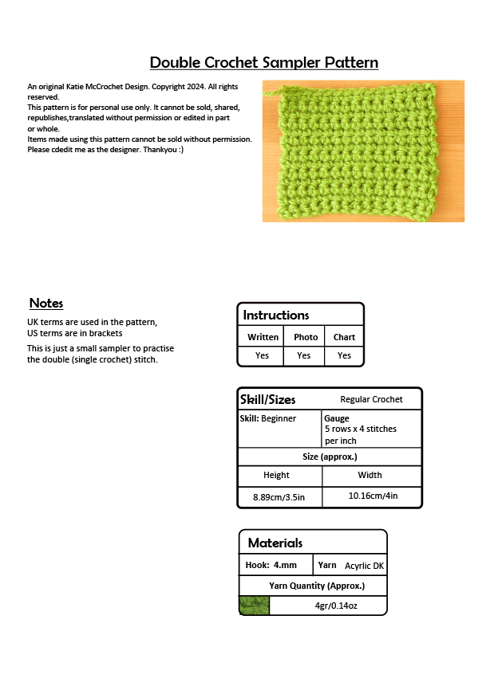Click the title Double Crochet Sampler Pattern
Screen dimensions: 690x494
tap(263, 62)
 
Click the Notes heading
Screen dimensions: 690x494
tap(46, 304)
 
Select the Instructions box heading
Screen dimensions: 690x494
tap(276, 316)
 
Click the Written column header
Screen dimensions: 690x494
tap(263, 337)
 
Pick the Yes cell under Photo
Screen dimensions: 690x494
tap(304, 355)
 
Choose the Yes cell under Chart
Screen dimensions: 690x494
tap(344, 355)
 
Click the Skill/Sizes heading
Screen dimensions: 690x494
tap(268, 399)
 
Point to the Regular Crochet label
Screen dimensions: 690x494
tap(371, 399)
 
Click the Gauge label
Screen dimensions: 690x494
tap(337, 418)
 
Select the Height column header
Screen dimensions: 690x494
tap(276, 475)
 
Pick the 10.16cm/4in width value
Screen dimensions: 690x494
tap(373, 496)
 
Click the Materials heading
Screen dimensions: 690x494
tap(275, 543)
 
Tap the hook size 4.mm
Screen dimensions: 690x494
tap(285, 565)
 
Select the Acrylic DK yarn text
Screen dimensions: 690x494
tap(364, 566)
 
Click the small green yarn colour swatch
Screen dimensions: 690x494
tap(255, 606)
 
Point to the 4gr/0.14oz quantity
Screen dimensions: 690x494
tap(336, 606)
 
